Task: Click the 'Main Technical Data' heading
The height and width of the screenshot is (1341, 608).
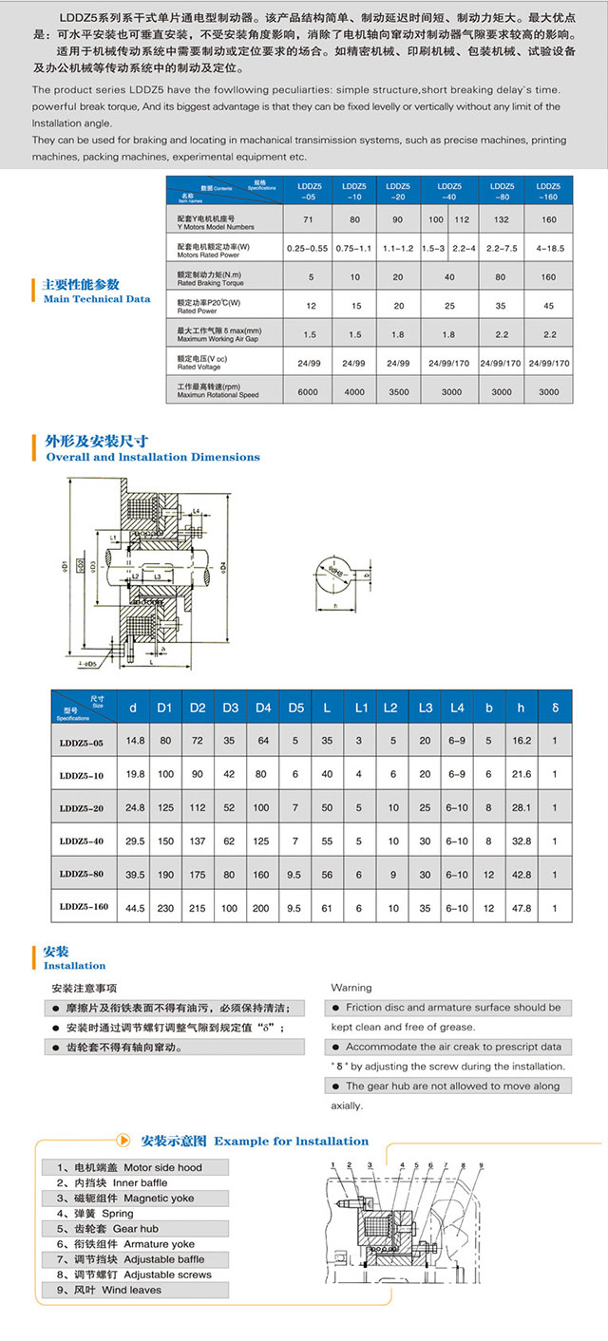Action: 97,299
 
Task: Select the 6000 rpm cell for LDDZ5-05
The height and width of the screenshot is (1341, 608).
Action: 307,391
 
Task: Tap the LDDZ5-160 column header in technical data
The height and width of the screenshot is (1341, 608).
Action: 548,191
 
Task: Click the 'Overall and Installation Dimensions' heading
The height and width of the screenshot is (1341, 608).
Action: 153,457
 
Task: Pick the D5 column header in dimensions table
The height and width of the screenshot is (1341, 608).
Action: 295,708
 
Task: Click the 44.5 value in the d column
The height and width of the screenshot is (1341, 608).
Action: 136,907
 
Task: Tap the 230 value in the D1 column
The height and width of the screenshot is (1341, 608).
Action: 164,907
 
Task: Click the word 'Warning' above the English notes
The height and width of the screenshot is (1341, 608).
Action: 351,988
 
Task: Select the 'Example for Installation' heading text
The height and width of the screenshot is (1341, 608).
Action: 291,1141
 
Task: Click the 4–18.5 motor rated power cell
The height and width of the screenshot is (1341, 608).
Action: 548,248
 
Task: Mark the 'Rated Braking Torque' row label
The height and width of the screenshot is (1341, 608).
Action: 211,280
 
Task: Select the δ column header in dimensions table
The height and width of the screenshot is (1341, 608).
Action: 555,708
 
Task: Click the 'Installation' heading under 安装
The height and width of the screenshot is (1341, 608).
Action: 75,966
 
